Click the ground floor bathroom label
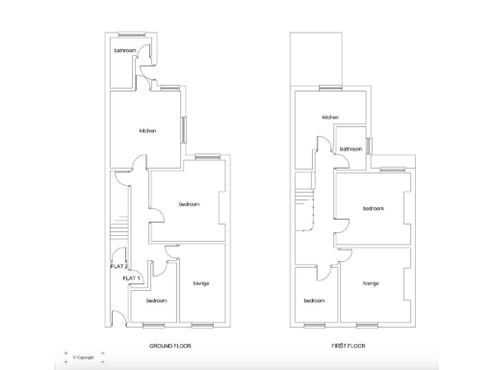coord(124,50)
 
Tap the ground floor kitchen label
coord(147,131)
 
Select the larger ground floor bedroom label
coord(189,204)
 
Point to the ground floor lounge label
coord(201,282)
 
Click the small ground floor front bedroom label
coord(156,301)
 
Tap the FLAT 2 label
coord(119,266)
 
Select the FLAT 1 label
coord(132,277)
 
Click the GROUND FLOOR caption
coord(169,345)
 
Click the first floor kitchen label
coord(330,118)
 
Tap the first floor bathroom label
coord(350,149)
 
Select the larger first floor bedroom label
coord(374,209)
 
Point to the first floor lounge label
coord(371,283)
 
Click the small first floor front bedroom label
coord(315,301)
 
